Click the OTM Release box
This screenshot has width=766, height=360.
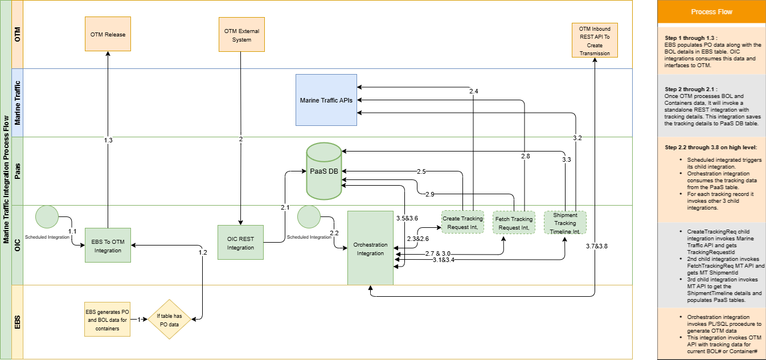coord(107,34)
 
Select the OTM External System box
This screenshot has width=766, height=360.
coord(241,35)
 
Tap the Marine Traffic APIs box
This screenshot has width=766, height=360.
coord(326,100)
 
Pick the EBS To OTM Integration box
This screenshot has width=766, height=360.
coord(108,246)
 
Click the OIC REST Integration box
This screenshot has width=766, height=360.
coord(240,243)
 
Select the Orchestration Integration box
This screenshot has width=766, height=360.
coord(370,248)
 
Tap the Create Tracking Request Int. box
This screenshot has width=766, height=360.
coord(462,223)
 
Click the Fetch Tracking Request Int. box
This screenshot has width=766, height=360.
coord(514,223)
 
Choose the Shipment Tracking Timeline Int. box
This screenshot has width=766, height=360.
coord(565,223)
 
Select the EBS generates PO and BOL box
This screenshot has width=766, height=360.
coord(108,320)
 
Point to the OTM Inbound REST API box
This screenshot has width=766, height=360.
coord(595,40)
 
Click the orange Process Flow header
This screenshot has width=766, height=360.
coord(711,11)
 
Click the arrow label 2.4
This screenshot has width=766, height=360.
coord(473,91)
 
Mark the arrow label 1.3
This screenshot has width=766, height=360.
coord(108,140)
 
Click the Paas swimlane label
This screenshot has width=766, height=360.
coord(17,171)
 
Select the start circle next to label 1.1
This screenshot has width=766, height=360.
coord(47,217)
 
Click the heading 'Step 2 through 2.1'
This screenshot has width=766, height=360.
coord(690,89)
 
